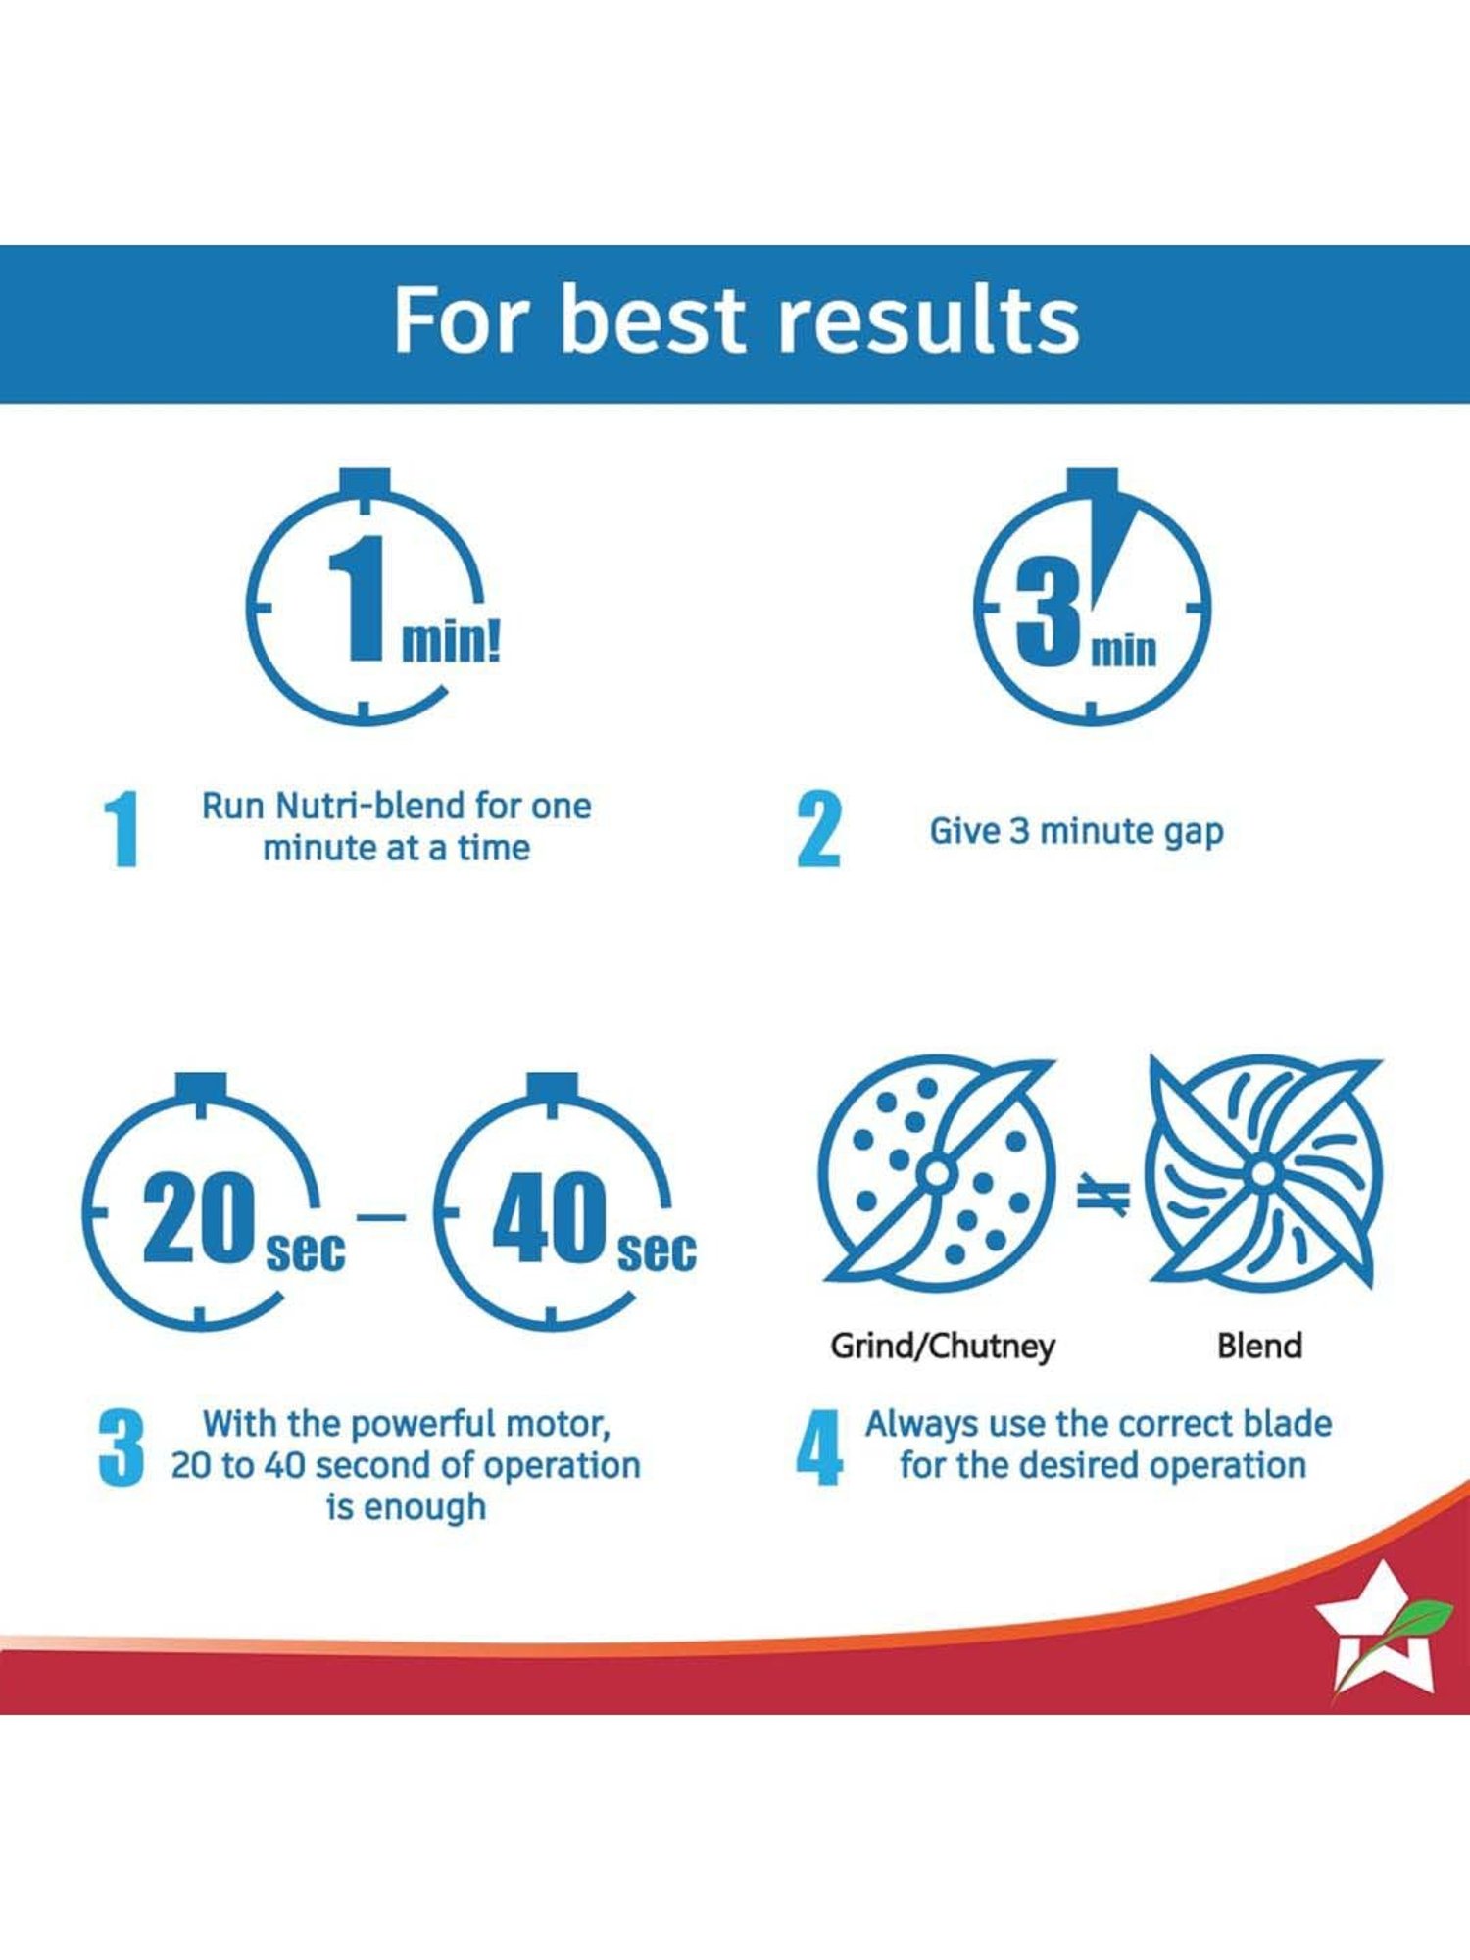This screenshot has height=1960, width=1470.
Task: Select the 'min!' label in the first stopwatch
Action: click(451, 642)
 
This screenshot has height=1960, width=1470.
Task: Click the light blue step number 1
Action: click(122, 829)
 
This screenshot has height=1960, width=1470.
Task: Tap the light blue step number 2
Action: click(818, 829)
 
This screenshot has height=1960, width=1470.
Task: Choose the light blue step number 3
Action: click(122, 1447)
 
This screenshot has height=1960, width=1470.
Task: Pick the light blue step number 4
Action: click(819, 1447)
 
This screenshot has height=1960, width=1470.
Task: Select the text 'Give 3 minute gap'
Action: click(1076, 832)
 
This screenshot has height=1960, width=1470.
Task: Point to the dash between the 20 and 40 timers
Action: click(382, 1217)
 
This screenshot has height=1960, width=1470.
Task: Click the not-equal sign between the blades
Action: click(1103, 1195)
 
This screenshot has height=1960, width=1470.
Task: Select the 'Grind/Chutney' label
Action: click(943, 1347)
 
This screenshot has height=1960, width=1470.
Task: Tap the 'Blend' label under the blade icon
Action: click(1259, 1346)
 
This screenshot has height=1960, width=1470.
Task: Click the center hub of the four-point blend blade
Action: click(1264, 1172)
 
